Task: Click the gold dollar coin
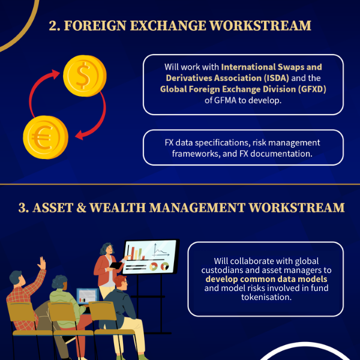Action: click(x=85, y=76)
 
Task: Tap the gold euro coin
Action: click(x=46, y=137)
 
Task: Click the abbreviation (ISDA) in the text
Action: click(x=276, y=78)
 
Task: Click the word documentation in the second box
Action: click(x=281, y=154)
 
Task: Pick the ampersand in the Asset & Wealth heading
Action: click(x=81, y=208)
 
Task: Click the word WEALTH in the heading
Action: click(x=118, y=208)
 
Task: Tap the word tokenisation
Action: click(x=266, y=297)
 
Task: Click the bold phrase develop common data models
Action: click(x=266, y=279)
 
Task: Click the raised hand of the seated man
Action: click(x=42, y=263)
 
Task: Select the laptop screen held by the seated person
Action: click(x=87, y=296)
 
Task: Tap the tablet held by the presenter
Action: click(x=116, y=265)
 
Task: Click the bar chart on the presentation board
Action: click(x=136, y=253)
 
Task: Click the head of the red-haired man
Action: click(x=121, y=282)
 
